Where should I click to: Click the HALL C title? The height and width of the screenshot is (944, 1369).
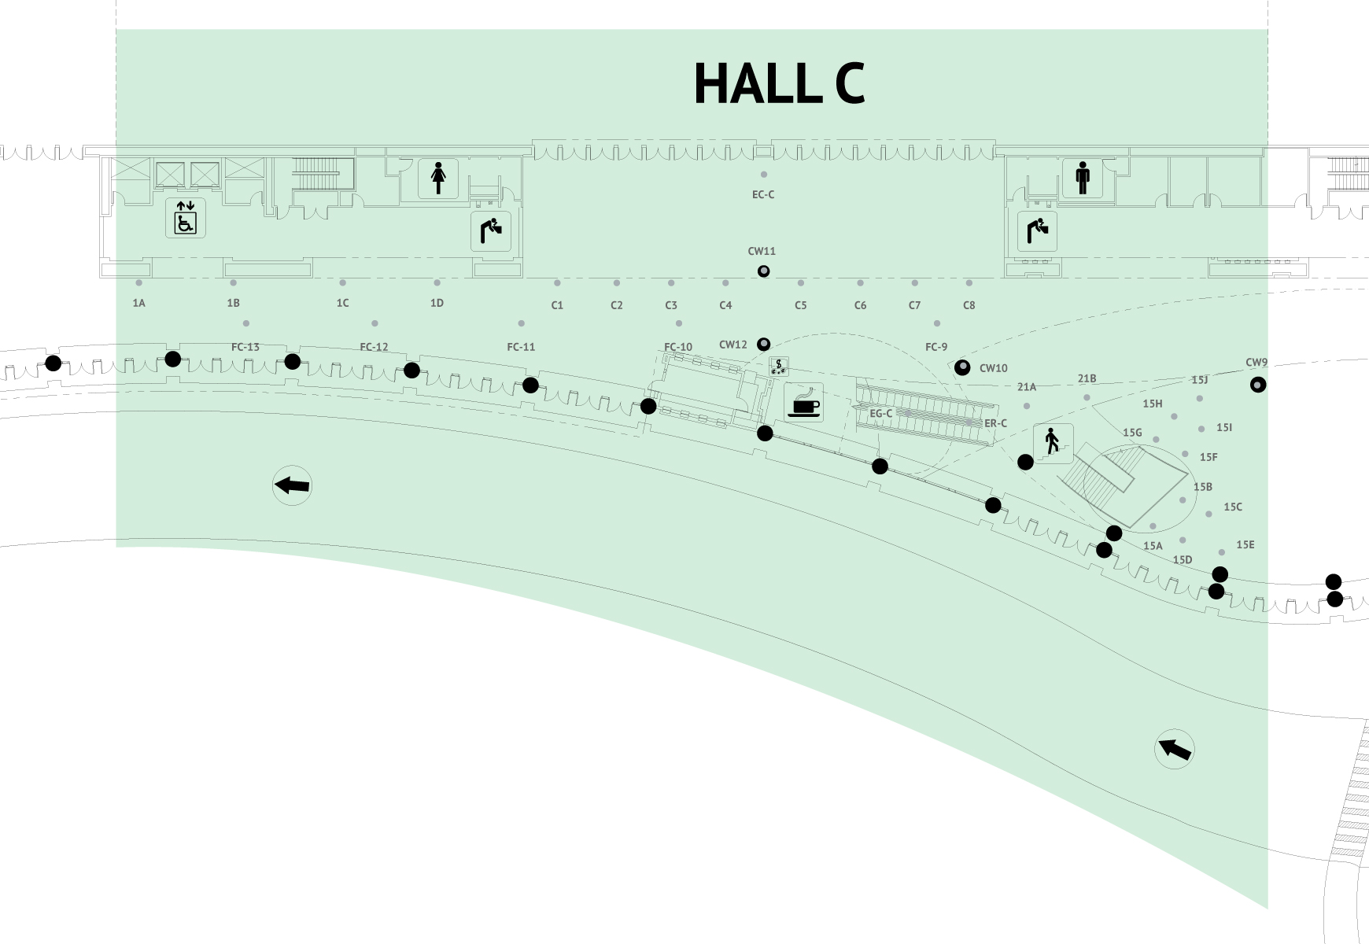click(x=779, y=83)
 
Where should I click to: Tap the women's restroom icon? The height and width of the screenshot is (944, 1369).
click(x=438, y=178)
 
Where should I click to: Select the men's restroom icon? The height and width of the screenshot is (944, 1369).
click(x=1083, y=178)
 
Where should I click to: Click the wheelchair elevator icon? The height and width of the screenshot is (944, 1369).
click(x=186, y=218)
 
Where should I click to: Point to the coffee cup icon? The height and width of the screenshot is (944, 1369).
click(x=803, y=402)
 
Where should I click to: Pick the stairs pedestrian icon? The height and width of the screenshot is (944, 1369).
click(x=1053, y=443)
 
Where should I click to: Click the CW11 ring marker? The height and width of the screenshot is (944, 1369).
click(x=763, y=271)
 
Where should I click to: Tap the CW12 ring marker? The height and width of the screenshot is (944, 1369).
click(x=763, y=345)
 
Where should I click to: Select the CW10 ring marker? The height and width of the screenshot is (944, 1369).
click(x=962, y=367)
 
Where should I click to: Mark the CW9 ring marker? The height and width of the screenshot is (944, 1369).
click(x=1258, y=385)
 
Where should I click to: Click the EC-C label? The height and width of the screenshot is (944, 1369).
click(x=763, y=194)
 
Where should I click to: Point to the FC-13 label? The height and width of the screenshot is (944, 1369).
click(x=245, y=347)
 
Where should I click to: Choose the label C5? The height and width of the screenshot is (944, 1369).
click(x=800, y=305)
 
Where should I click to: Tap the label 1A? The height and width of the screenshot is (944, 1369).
click(x=138, y=303)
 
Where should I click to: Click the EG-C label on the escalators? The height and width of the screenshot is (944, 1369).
click(x=880, y=413)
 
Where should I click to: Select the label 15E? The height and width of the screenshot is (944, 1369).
click(x=1245, y=544)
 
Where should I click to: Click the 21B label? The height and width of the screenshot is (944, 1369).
click(x=1087, y=378)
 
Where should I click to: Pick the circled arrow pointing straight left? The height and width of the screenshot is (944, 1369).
click(x=292, y=485)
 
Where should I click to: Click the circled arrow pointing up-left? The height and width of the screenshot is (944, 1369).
click(x=1174, y=749)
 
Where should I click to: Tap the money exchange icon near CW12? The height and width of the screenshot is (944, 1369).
click(x=779, y=366)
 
